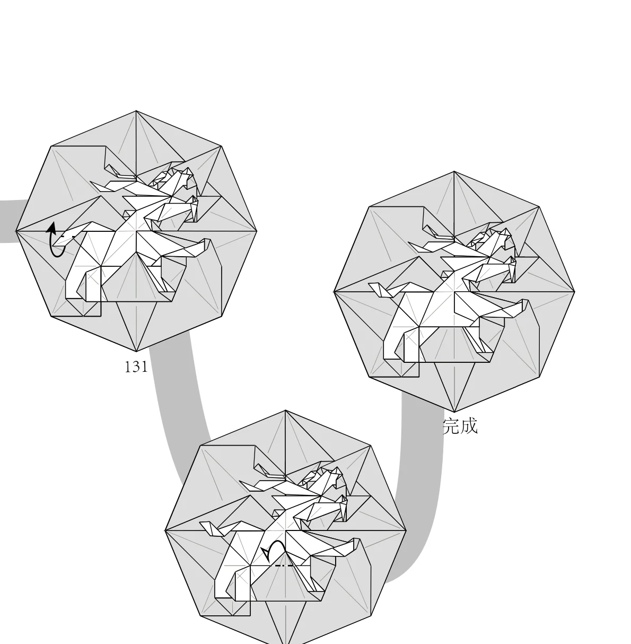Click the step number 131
tap(136, 367)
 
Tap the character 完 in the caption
tap(451, 427)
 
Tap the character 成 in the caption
tap(469, 427)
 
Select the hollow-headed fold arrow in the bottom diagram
tap(275, 551)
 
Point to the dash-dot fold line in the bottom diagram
tap(284, 566)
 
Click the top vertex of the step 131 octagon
tap(136, 111)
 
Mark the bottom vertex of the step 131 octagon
tap(136, 351)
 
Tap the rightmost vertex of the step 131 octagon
tap(257, 231)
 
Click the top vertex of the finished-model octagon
tap(454, 171)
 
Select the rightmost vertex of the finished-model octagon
tap(574, 292)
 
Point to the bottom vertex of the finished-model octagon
tap(454, 412)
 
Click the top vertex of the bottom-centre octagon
tap(285, 410)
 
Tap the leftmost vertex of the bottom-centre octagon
tap(165, 530)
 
